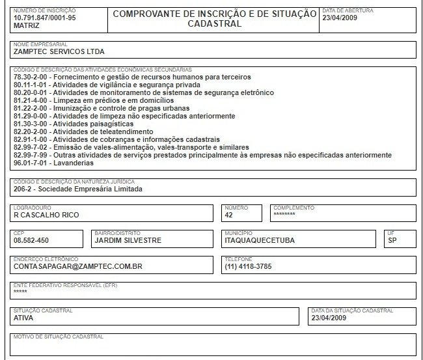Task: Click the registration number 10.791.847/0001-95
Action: [x=44, y=18]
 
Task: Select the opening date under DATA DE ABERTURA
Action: [x=340, y=18]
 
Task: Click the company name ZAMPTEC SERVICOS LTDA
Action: [x=59, y=51]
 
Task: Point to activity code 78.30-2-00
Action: [x=31, y=77]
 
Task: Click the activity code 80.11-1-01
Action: [x=31, y=85]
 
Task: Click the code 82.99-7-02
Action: [x=31, y=147]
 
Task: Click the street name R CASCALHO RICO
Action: [x=45, y=214]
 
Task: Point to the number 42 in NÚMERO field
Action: [x=228, y=214]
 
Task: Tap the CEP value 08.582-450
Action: [x=31, y=240]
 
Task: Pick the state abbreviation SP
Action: [x=392, y=240]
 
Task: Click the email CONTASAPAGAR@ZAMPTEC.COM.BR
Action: [x=78, y=266]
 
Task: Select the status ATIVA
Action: [x=23, y=318]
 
